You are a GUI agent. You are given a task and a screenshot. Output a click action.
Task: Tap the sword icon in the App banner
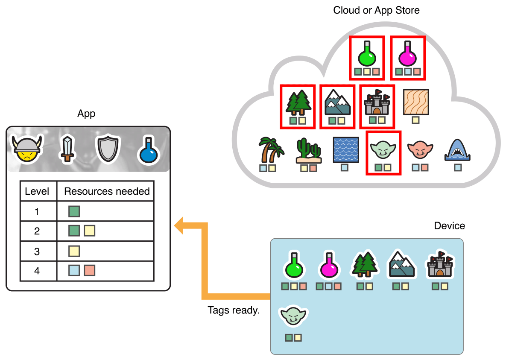67,149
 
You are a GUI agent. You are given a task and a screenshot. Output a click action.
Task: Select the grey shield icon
106,149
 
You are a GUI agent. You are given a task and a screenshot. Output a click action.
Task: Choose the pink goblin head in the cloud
420,149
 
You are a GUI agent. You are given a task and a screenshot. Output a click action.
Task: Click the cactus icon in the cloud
308,151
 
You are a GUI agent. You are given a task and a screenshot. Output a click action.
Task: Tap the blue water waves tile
345,149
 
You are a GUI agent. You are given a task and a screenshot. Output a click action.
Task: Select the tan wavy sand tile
415,102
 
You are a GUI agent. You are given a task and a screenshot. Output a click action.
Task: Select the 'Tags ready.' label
233,310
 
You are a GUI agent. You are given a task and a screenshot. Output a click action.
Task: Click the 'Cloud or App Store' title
376,10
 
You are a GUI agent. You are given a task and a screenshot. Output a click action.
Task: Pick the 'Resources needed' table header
107,191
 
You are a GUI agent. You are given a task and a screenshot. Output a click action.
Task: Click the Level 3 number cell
37,252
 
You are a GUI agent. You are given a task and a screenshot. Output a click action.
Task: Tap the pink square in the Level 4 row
89,270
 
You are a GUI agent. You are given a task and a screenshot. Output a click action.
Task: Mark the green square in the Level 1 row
74,211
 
